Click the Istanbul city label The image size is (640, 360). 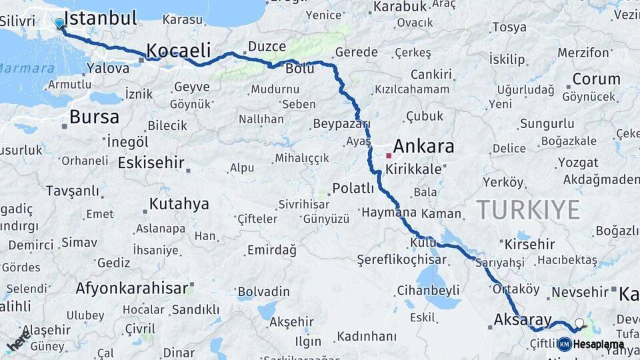[x=102, y=17]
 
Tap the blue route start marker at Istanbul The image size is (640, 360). [x=59, y=23]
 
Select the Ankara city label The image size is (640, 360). [x=423, y=146]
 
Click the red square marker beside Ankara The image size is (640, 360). [x=389, y=155]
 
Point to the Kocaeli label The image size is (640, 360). [x=178, y=50]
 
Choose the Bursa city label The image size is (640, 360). [x=94, y=117]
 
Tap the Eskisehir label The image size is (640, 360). [x=152, y=163]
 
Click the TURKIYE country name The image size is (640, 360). [x=528, y=210]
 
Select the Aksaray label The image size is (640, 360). [x=523, y=319]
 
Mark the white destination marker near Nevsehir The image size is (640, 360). [x=579, y=323]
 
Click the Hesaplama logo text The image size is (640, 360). [x=598, y=344]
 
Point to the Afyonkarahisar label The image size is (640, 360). [x=132, y=288]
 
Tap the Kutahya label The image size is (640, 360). [x=179, y=203]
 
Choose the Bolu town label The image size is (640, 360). [x=299, y=68]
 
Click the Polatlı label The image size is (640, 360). [x=353, y=188]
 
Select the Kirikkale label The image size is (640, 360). [x=413, y=169]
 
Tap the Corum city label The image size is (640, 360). [x=596, y=79]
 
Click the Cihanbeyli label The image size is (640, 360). [x=428, y=290]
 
